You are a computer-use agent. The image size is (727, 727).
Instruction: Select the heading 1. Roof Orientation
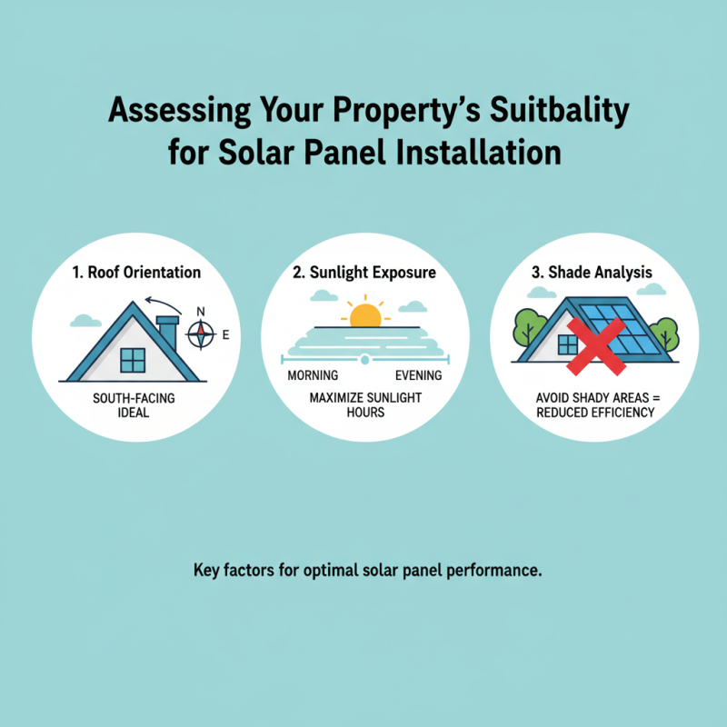coord(136,272)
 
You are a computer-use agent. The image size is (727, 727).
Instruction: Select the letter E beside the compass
coord(224,336)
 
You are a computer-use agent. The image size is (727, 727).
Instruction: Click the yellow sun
coord(364,314)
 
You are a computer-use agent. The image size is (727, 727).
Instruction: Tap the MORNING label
coord(312,375)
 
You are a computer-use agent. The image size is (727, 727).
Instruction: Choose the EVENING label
coord(418,375)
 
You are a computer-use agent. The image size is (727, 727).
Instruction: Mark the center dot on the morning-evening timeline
coord(364,361)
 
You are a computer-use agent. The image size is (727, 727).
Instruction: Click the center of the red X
coord(595,346)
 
